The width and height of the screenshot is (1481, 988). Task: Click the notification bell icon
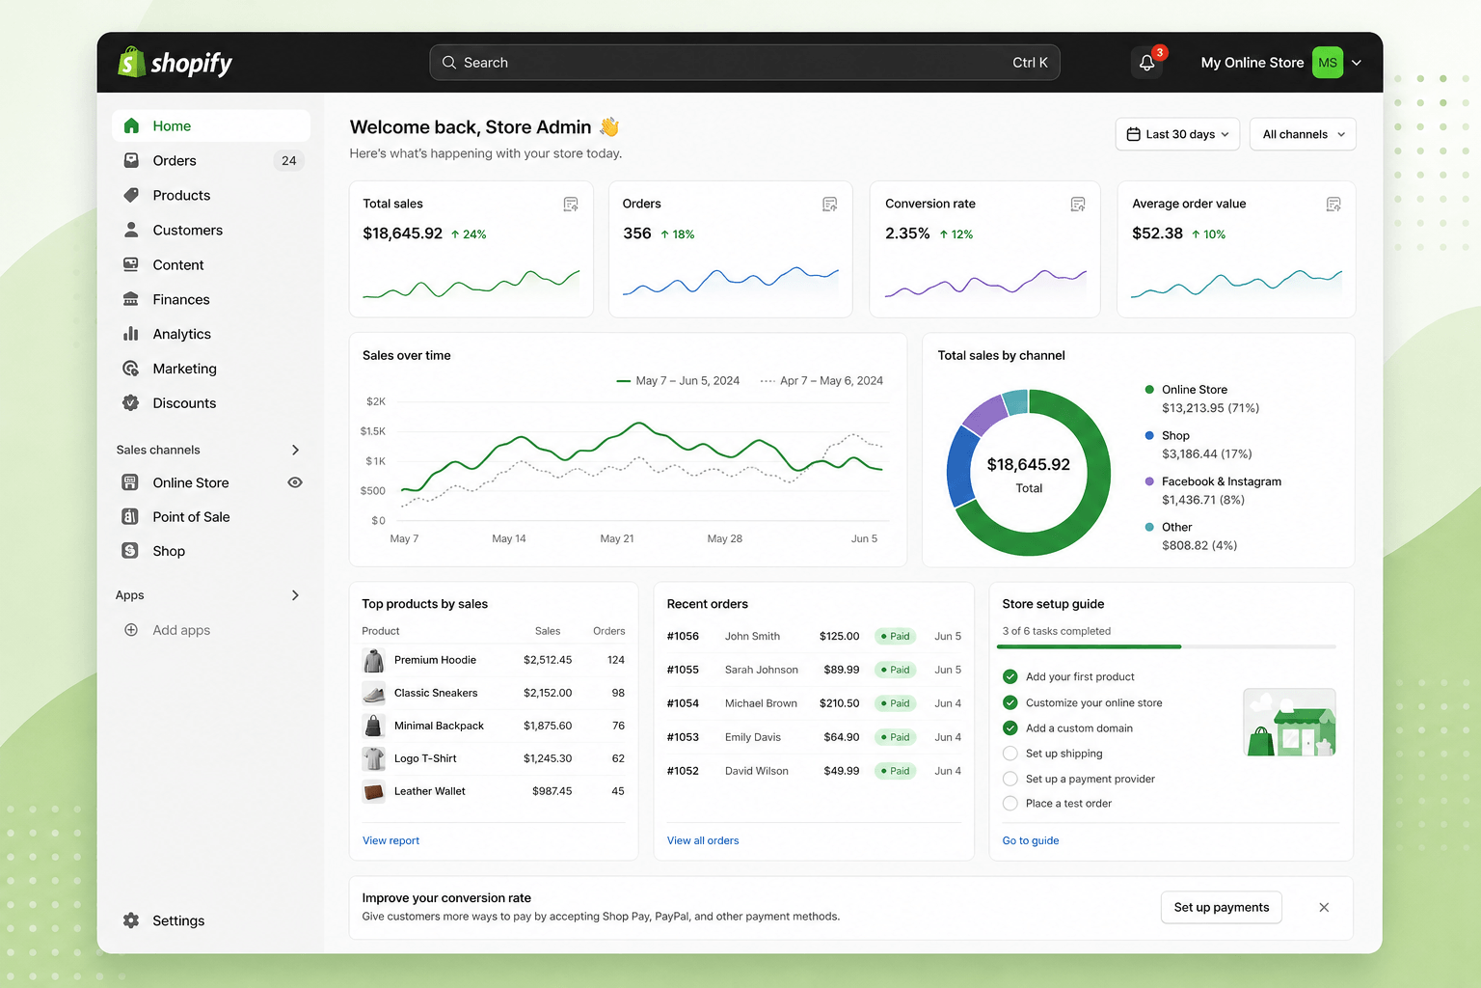[x=1146, y=63]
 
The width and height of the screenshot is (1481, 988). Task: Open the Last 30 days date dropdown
[x=1177, y=134]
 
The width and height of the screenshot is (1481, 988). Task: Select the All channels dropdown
[x=1303, y=134]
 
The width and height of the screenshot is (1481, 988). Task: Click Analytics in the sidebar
[x=181, y=334]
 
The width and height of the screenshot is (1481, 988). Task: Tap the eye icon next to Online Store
[x=295, y=482]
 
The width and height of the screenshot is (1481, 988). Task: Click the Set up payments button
[x=1222, y=907]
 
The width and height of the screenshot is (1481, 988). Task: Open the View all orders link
[x=703, y=840]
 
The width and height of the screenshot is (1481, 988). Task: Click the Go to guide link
[x=1030, y=840]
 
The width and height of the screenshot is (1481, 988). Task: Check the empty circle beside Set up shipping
[x=1010, y=754]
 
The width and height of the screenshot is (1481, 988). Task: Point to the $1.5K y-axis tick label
[x=373, y=431]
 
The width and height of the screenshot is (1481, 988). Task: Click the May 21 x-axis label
[x=617, y=538]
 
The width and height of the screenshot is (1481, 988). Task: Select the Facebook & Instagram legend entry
[x=1213, y=490]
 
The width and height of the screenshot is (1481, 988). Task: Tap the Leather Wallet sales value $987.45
[x=552, y=791]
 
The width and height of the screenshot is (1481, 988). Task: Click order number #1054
[x=683, y=703]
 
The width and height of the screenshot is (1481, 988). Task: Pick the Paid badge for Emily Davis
[x=895, y=737]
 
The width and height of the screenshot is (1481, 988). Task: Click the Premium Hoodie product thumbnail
[x=373, y=660]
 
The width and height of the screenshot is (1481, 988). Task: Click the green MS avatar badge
[x=1328, y=63]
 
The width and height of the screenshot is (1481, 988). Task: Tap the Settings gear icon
[x=131, y=920]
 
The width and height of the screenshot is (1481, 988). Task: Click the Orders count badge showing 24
[x=289, y=161]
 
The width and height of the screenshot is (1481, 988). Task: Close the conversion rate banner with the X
[x=1324, y=907]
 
